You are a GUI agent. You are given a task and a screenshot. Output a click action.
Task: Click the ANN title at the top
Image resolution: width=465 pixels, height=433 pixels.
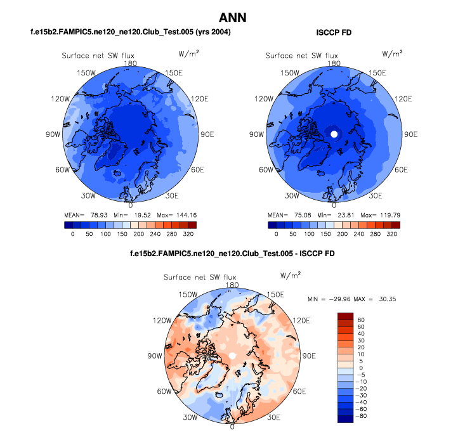[x=232, y=18]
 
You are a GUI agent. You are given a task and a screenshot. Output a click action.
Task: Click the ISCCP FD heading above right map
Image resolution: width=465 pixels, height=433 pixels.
[x=334, y=32]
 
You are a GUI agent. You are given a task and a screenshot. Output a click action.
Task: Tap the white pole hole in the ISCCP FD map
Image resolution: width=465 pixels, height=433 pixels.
[x=334, y=134]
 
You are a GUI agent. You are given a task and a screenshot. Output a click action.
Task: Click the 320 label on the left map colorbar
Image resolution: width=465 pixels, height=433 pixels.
[x=188, y=233]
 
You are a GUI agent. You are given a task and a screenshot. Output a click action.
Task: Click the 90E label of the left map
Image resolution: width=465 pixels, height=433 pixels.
[x=207, y=134]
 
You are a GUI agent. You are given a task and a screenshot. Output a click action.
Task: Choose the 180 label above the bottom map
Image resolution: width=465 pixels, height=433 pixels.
[x=232, y=285]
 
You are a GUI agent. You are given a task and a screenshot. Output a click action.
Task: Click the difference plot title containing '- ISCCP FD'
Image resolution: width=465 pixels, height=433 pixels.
[x=232, y=254]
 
